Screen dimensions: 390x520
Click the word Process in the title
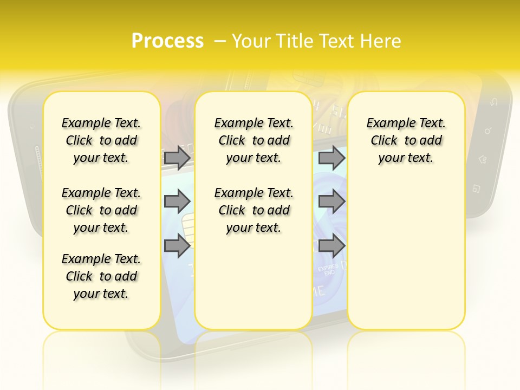click(x=167, y=41)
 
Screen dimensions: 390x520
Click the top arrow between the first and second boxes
click(x=177, y=158)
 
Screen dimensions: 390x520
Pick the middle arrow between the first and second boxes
click(x=177, y=201)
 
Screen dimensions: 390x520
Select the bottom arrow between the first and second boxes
click(x=177, y=246)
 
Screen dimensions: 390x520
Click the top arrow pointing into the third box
click(x=331, y=158)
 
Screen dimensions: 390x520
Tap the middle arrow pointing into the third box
click(x=331, y=201)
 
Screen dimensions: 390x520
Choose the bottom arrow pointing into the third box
click(x=331, y=246)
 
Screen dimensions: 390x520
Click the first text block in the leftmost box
click(x=101, y=140)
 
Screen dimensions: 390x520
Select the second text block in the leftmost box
click(x=101, y=210)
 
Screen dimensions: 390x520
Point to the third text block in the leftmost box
click(x=101, y=276)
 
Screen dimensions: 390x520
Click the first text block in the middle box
click(x=253, y=140)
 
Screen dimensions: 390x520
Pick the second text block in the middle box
click(x=253, y=210)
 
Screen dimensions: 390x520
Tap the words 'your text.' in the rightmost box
click(x=406, y=158)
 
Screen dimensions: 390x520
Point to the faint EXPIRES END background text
click(x=328, y=270)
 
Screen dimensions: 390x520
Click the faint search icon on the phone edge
click(x=488, y=131)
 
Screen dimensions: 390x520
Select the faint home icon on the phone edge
click(x=482, y=159)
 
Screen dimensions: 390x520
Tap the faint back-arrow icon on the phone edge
click(x=493, y=102)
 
